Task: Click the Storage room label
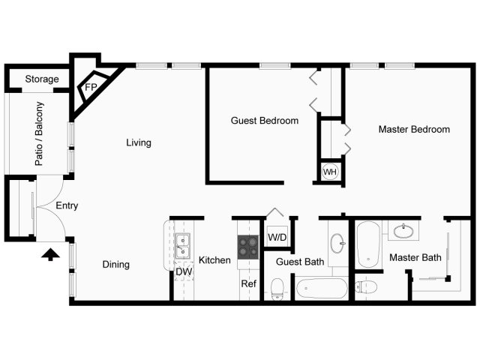click(x=42, y=79)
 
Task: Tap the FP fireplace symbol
click(x=92, y=87)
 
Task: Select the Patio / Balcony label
click(x=39, y=133)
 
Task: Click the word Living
click(x=139, y=142)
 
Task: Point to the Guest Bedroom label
click(x=265, y=121)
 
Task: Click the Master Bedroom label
click(x=414, y=129)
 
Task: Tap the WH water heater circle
click(x=330, y=172)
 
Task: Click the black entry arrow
click(x=50, y=255)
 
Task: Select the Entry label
click(x=67, y=205)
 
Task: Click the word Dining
click(x=116, y=265)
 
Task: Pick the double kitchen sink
click(x=182, y=246)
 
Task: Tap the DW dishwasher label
click(x=184, y=271)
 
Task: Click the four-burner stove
click(x=248, y=247)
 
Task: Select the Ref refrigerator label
click(x=248, y=283)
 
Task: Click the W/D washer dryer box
click(x=277, y=236)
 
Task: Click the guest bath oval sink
click(x=337, y=243)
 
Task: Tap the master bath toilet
click(x=367, y=287)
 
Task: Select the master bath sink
click(x=403, y=231)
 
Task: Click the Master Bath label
click(x=415, y=257)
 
